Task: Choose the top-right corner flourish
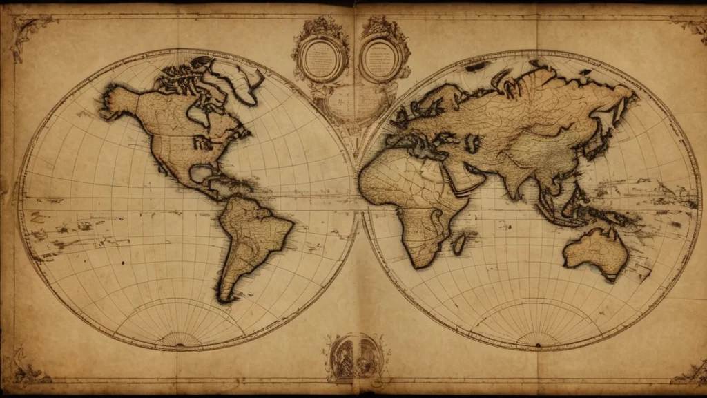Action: click(690, 24)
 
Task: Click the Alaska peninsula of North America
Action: click(117, 104)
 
